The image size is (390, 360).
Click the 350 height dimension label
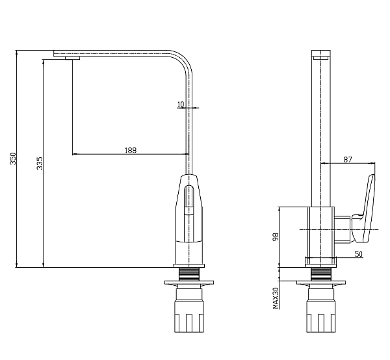pos(13,159)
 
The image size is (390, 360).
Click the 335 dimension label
pos(40,163)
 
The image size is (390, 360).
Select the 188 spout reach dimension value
pos(131,150)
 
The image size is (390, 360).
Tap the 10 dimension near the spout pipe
pos(181,105)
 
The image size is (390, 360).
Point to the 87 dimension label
pos(348,159)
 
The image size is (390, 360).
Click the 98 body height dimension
pos(276,237)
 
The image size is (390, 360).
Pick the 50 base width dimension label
pos(358,254)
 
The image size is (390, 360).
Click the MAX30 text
pos(276,298)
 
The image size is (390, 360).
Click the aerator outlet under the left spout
pos(73,58)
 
